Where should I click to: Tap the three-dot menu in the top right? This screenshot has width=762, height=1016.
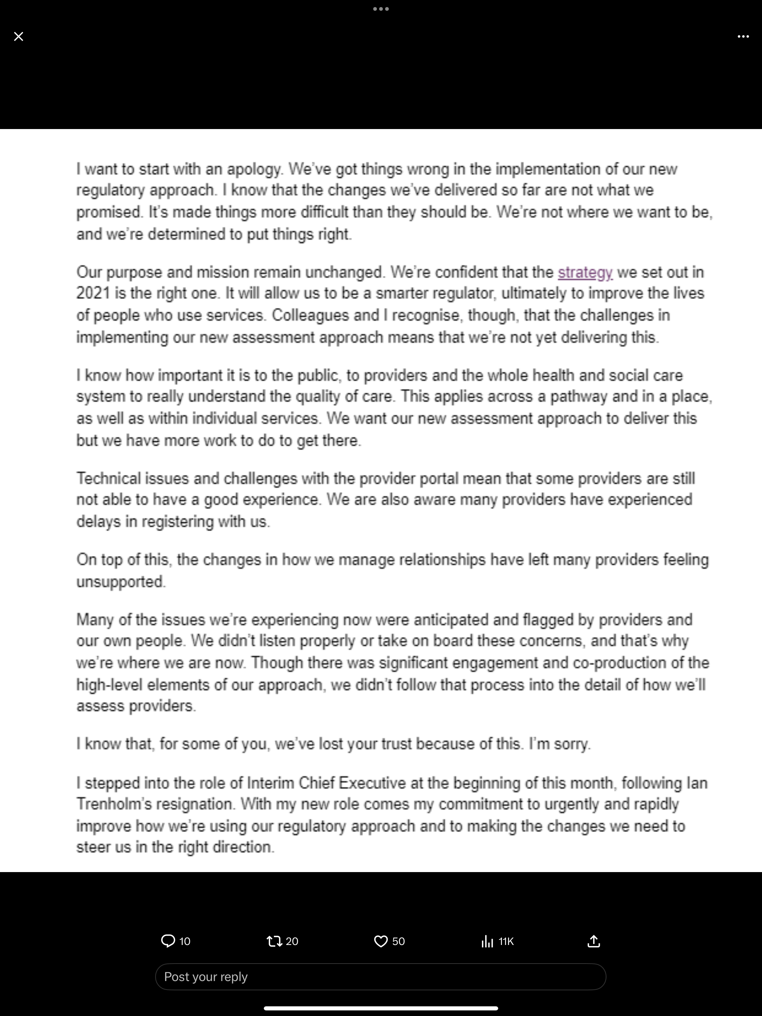743,36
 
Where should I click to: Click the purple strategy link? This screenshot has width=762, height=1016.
585,272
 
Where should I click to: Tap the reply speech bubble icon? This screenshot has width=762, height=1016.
168,941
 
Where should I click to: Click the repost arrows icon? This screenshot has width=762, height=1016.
274,941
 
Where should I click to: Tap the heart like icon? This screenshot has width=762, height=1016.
381,941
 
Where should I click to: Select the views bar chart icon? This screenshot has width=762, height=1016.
487,941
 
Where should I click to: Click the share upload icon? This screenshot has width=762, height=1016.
594,941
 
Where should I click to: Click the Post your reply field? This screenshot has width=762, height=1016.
381,977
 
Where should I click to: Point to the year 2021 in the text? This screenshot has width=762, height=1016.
93,293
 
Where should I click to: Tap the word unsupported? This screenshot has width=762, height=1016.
121,582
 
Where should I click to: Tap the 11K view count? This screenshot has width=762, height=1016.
506,941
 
